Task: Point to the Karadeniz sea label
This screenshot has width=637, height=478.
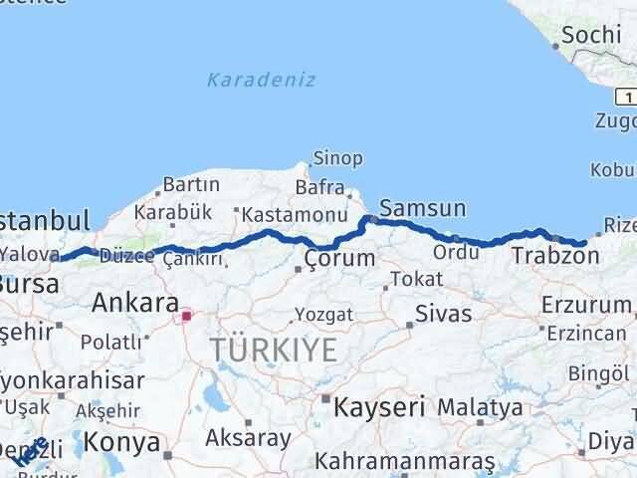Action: point(262,80)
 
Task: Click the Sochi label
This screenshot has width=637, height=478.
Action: point(590,36)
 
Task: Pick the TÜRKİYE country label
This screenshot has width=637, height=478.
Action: point(273,349)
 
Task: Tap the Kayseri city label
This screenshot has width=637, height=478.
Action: point(379,406)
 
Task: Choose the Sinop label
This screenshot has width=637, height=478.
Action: point(337,157)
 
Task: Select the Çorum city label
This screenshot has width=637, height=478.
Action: point(340,259)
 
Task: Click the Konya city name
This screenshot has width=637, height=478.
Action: point(122,440)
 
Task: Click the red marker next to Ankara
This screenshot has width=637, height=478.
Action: point(185,316)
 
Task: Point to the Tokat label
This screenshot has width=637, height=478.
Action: point(416,280)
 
